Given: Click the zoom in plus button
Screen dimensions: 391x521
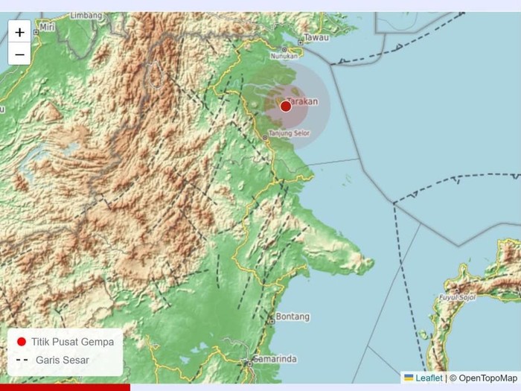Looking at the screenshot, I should (x=19, y=32).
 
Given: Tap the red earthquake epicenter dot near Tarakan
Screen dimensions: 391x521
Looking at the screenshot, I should (x=286, y=107).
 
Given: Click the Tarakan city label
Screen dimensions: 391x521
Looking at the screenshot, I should (x=302, y=101).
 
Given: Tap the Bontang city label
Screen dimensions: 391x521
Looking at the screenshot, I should (x=293, y=317).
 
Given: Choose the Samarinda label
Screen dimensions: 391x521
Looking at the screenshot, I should (x=275, y=359).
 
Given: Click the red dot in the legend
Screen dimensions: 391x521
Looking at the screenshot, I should (x=22, y=342).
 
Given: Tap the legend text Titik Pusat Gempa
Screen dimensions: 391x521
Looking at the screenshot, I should (x=73, y=342).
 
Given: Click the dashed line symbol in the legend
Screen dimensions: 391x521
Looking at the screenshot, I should (x=22, y=360).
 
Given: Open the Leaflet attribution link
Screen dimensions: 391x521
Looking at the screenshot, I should (x=428, y=378).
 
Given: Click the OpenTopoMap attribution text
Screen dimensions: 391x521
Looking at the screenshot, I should (x=486, y=378).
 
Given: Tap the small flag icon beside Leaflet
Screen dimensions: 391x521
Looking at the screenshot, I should (x=409, y=378).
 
